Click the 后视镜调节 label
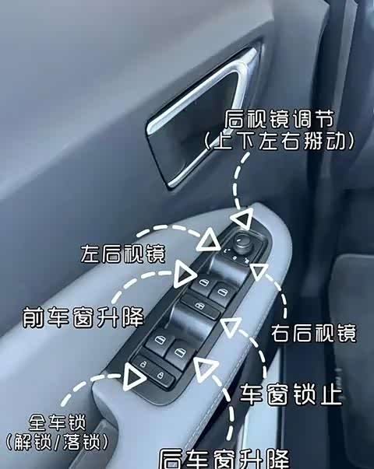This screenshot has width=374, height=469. pos(279,119)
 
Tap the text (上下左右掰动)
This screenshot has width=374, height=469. pos(279,141)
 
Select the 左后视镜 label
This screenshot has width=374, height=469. pos(123,254)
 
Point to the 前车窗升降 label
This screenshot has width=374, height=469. pos(83,317)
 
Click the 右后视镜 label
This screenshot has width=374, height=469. pos(314,333)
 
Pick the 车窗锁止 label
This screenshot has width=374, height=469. pos(291,394)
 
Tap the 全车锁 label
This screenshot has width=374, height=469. pos(57,422)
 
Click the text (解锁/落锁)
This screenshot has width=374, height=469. pos(57,442)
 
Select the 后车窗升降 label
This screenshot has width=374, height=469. pos(224,460)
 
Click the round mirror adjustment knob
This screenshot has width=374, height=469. pos(243,242)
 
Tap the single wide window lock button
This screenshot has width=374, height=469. pos(200,306)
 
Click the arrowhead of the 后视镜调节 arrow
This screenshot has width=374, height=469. pos(243,218)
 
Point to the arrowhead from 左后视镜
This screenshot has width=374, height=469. pos(208,240)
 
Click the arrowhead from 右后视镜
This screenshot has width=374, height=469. pos(259,271)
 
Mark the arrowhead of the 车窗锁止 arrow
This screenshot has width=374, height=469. pos(230,327)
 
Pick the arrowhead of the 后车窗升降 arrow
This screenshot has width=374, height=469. pos(206,369)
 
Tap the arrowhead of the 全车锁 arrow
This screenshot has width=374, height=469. pos(134,377)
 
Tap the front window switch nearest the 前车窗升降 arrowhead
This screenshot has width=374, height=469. pos(203,284)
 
